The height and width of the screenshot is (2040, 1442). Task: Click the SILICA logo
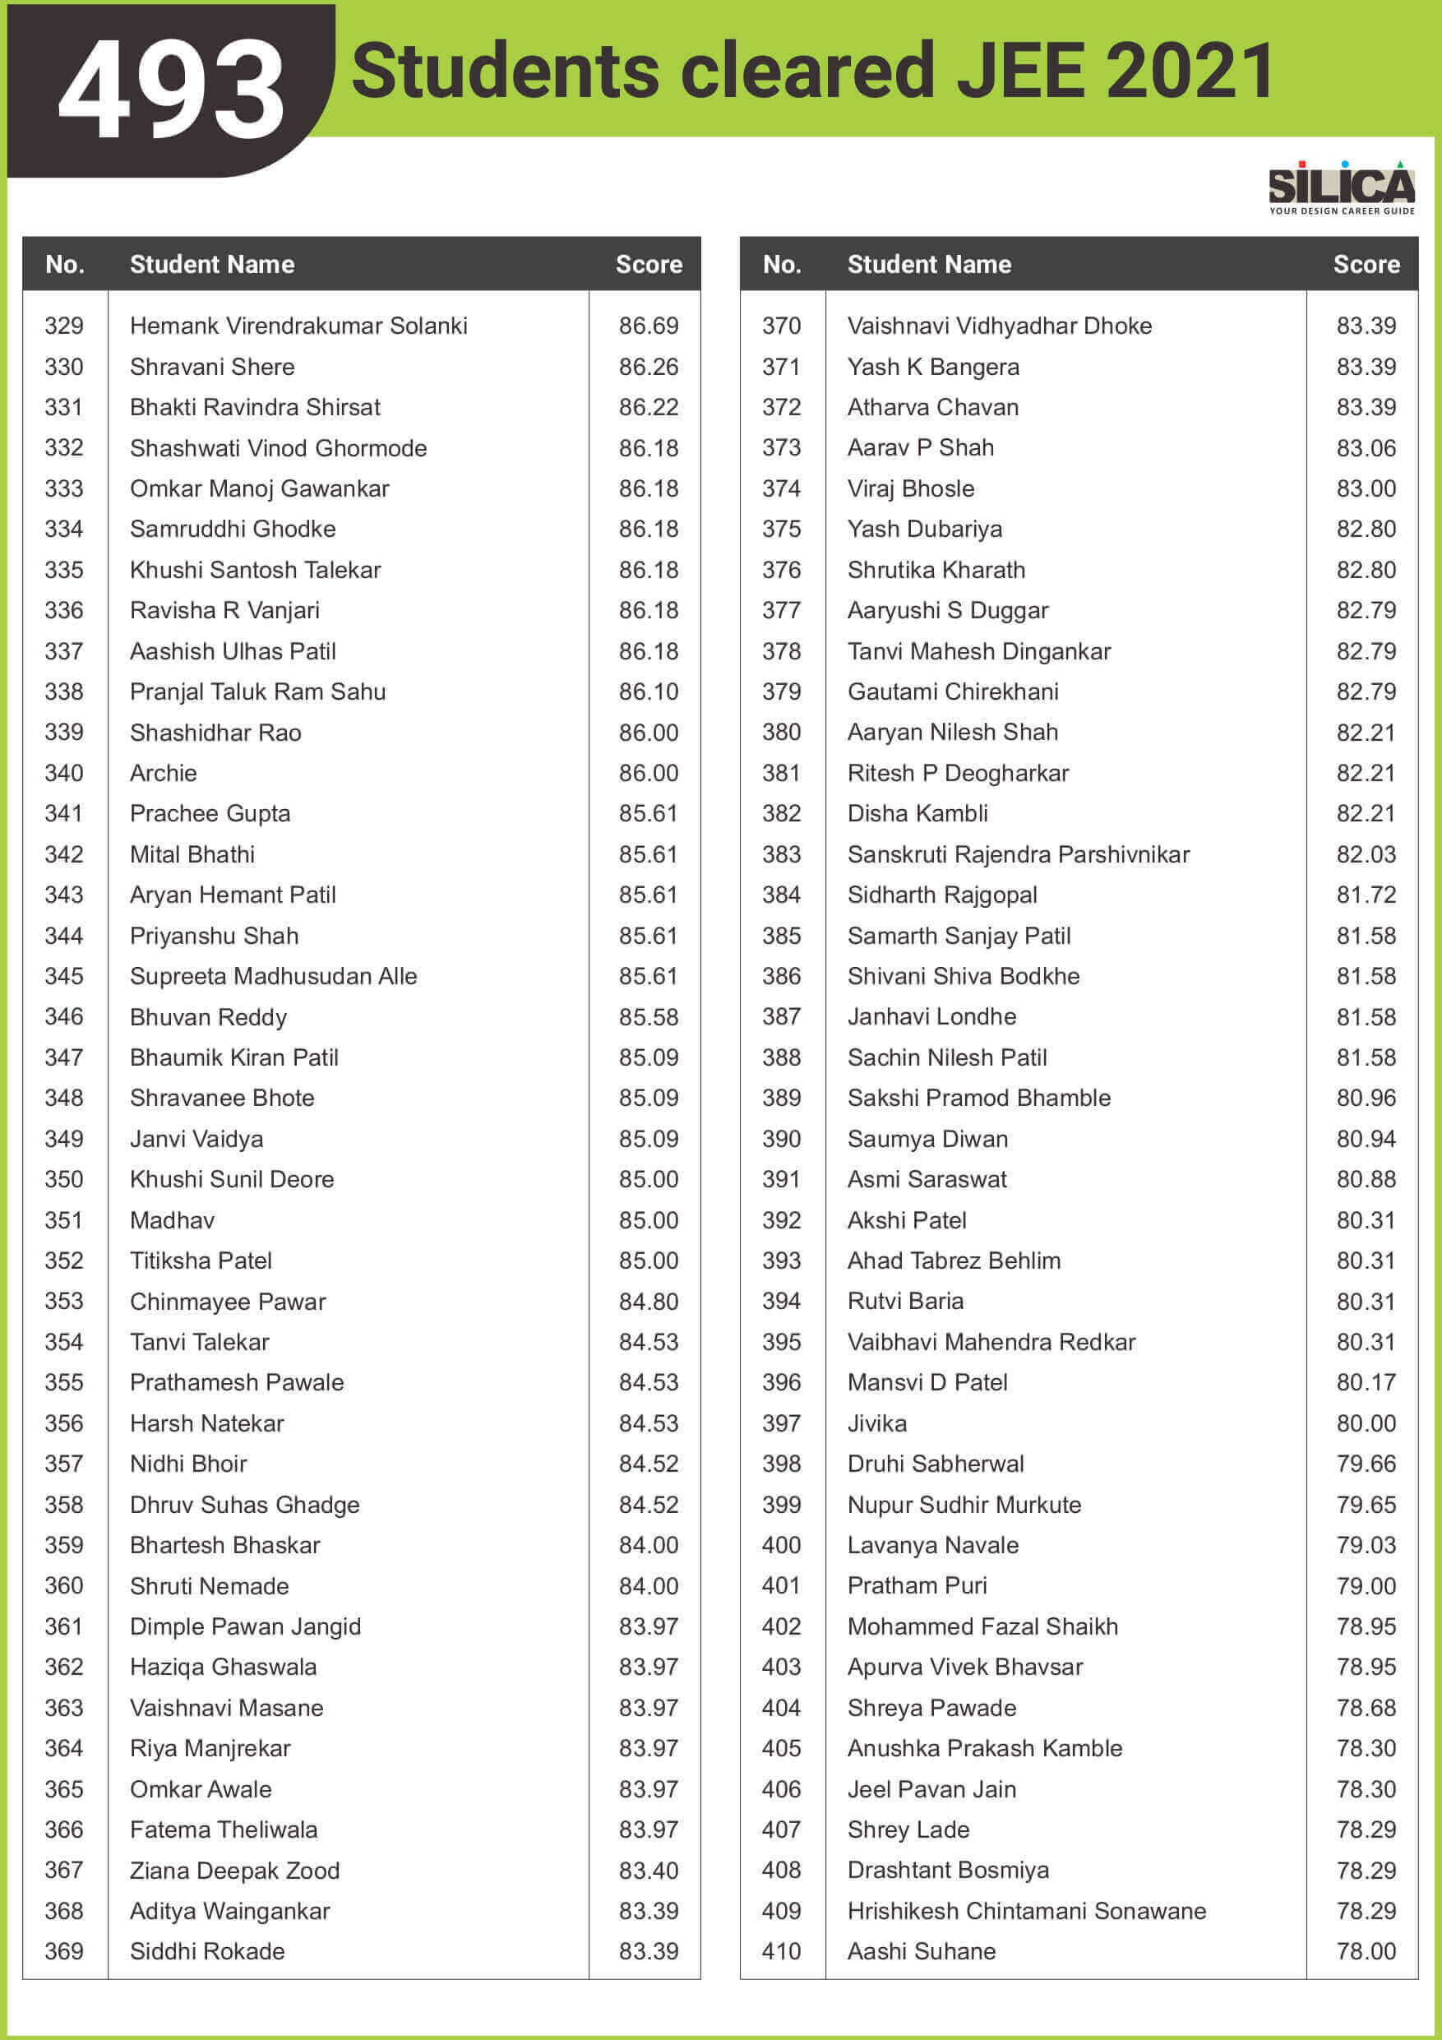coord(1341,187)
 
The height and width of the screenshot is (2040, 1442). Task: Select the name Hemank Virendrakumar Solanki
coord(298,326)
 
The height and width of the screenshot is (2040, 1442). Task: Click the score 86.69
coord(649,326)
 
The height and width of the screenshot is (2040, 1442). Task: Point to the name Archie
coord(164,773)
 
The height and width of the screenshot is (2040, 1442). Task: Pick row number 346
coord(64,1016)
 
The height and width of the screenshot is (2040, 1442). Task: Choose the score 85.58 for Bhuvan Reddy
coord(649,1016)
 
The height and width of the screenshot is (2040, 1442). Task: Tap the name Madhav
coord(173,1220)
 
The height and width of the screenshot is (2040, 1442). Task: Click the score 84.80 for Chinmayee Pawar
coord(649,1302)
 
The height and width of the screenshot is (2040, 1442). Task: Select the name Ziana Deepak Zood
coord(234,1871)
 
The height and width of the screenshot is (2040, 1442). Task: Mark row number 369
coord(64,1951)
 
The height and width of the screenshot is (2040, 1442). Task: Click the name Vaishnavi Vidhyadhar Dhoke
coord(1000,326)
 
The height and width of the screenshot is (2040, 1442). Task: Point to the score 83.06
coord(1366,448)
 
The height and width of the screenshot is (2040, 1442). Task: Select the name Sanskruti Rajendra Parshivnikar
coord(1018,855)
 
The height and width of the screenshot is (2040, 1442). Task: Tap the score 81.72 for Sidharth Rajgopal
coord(1366,895)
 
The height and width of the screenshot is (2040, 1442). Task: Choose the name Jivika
coord(877,1423)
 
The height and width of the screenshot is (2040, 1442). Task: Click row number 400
coord(781,1545)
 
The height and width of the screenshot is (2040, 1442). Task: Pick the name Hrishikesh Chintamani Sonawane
coord(1026,1910)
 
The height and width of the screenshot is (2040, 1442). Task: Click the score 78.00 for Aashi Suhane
coord(1366,1951)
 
